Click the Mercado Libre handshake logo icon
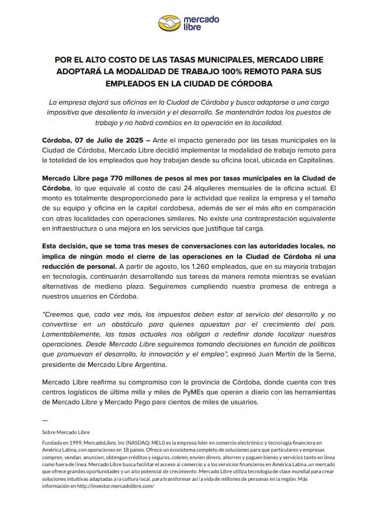coord(169,23)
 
